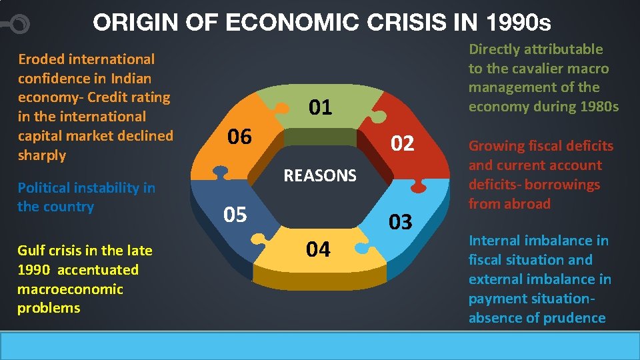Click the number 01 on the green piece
coord(320,107)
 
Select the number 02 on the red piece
coord(401,143)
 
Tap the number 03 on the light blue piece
coord(400,222)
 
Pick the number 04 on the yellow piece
coord(318,249)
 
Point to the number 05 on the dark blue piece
coord(235,215)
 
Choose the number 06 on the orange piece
coord(239,137)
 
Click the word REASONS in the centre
coord(320,176)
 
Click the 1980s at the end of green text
coord(599,107)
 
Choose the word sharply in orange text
coord(42,155)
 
